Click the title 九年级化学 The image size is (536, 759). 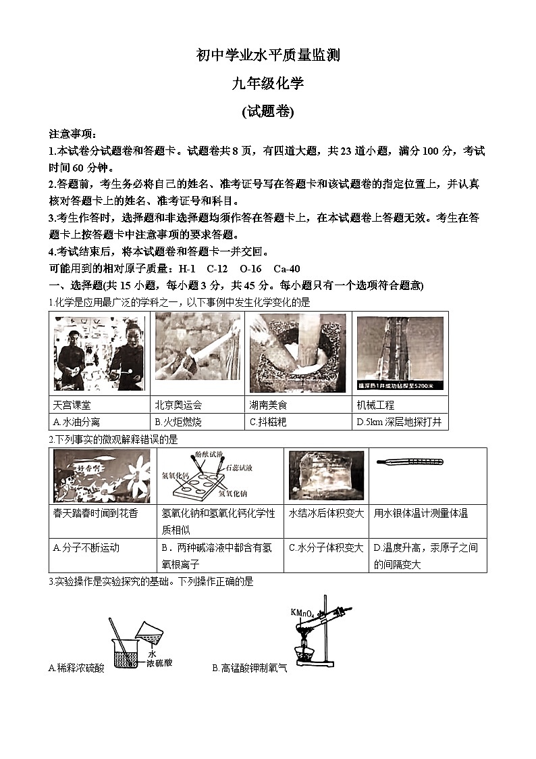click(x=267, y=84)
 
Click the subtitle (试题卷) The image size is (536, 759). click(x=267, y=112)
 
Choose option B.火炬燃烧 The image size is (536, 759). click(x=178, y=422)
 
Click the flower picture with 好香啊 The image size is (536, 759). click(x=102, y=475)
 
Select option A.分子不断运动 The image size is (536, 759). click(x=82, y=548)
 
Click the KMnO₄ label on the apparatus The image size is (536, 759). click(x=302, y=613)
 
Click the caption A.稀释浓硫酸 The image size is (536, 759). click(x=77, y=668)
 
